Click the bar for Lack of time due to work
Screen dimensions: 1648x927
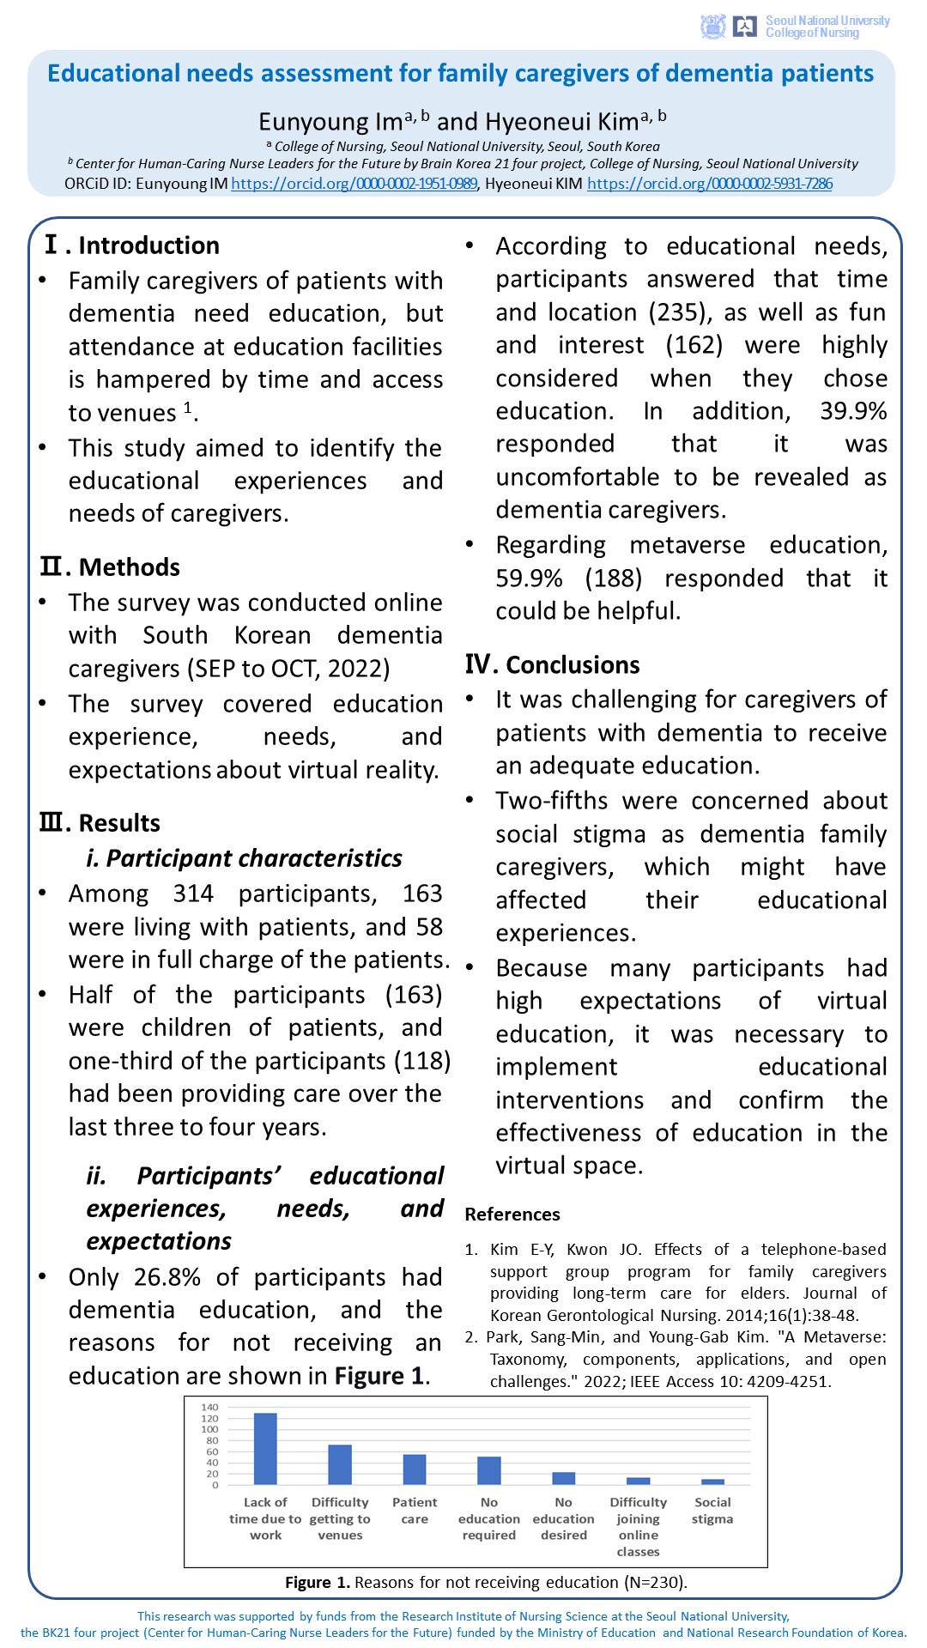click(265, 1449)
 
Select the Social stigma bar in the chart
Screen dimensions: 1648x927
click(712, 1481)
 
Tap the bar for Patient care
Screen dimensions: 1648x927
click(415, 1469)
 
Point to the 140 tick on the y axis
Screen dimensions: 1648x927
click(209, 1408)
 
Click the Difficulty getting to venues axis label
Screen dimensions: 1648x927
click(340, 1518)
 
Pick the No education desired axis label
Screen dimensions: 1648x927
click(563, 1518)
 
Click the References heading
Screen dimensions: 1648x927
click(512, 1215)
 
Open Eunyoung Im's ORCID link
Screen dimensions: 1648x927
click(354, 184)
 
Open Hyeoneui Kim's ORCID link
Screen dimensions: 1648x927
click(709, 184)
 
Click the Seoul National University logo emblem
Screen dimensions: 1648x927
click(712, 27)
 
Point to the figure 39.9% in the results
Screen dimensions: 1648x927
click(852, 411)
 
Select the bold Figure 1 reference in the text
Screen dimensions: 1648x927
click(379, 1376)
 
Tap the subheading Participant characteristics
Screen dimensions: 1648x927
click(244, 858)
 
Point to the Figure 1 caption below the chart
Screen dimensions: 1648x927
click(486, 1582)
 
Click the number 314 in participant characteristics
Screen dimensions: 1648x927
click(193, 894)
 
